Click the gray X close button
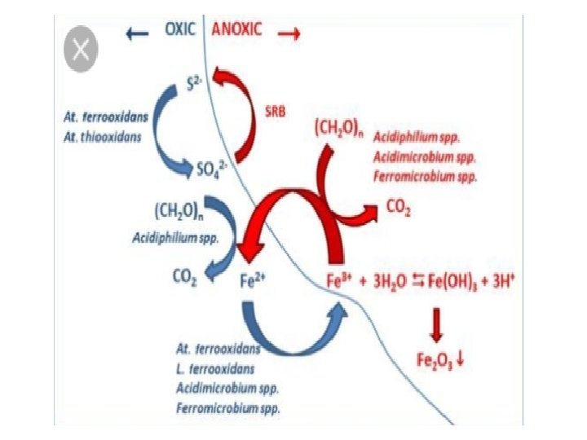pyautogui.click(x=81, y=51)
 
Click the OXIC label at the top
pyautogui.click(x=181, y=29)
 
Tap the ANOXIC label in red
pyautogui.click(x=237, y=29)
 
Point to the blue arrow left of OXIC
pyautogui.click(x=136, y=33)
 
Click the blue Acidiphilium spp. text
pyautogui.click(x=174, y=238)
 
